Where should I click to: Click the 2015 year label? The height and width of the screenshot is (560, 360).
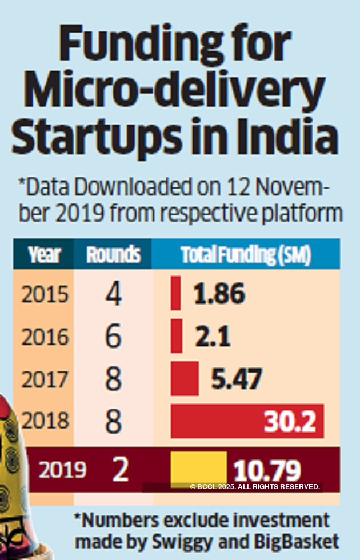point(45,294)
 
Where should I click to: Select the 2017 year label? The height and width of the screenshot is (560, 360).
point(45,380)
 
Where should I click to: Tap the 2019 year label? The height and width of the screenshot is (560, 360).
point(62,470)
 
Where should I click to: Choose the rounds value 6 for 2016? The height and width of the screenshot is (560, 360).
point(113,337)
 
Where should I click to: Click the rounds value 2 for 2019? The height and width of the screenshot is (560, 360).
point(120,470)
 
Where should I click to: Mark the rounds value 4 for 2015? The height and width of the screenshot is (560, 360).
point(113,294)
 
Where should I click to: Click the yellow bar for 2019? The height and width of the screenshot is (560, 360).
point(198,469)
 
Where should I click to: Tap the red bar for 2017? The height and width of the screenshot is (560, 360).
point(185,378)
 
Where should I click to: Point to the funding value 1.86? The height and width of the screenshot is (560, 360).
point(219,294)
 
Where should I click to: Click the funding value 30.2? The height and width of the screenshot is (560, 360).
point(290,422)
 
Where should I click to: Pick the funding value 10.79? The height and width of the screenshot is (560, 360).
point(267,471)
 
